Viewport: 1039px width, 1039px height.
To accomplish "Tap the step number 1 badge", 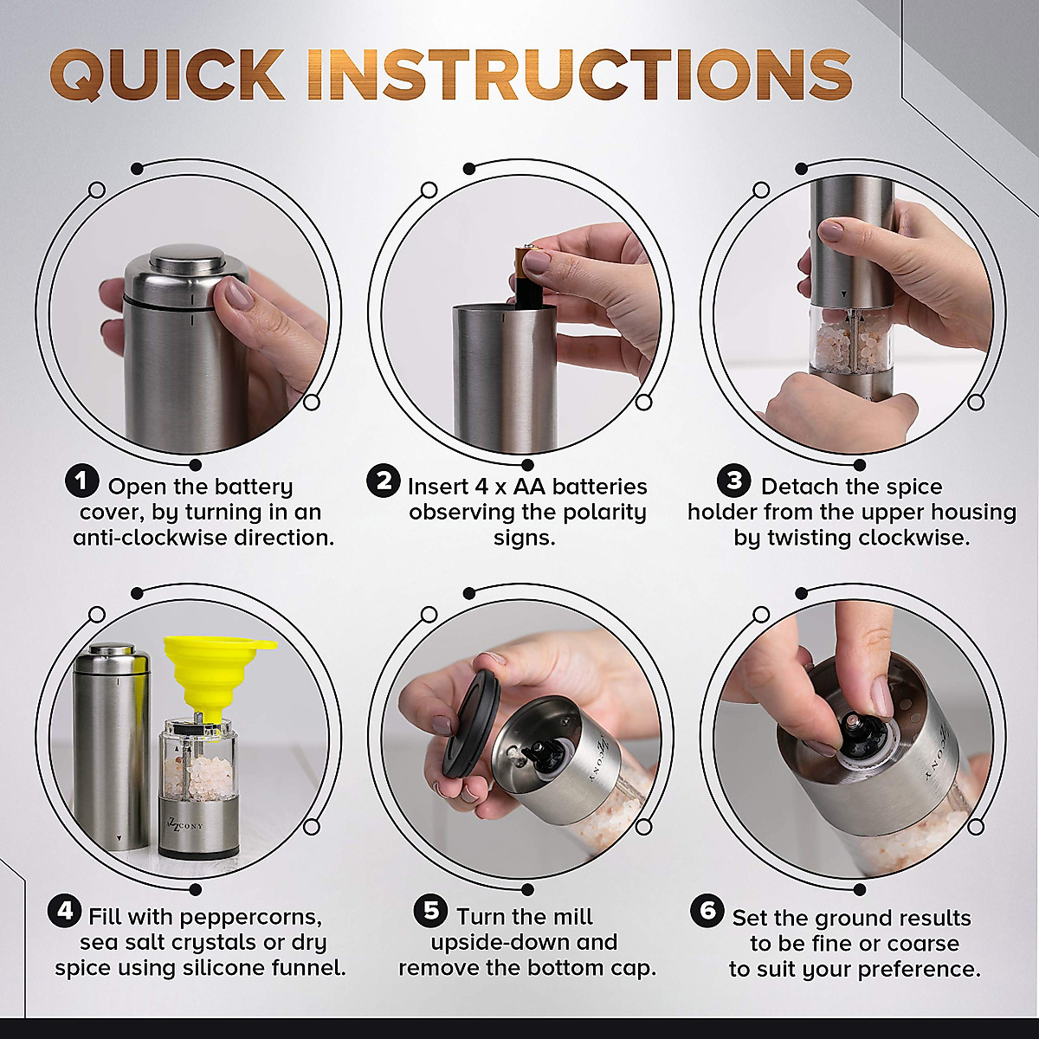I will (81, 481).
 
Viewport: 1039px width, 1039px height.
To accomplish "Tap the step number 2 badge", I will (383, 481).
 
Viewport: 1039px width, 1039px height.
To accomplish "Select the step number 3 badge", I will (734, 481).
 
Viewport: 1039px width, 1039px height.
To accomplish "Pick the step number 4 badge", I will (65, 911).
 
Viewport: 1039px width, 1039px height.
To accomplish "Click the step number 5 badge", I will (429, 911).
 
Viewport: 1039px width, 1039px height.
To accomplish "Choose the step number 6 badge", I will (707, 911).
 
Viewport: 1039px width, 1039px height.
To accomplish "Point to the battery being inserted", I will (526, 275).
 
